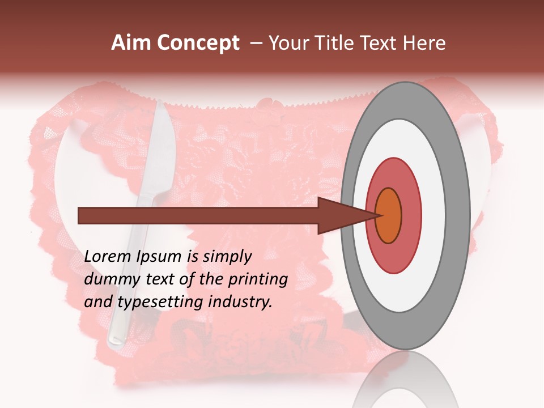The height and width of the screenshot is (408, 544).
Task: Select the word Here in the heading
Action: [424, 43]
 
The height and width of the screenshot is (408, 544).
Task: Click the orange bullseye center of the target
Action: [389, 216]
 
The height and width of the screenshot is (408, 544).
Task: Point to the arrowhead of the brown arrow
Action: [340, 216]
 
